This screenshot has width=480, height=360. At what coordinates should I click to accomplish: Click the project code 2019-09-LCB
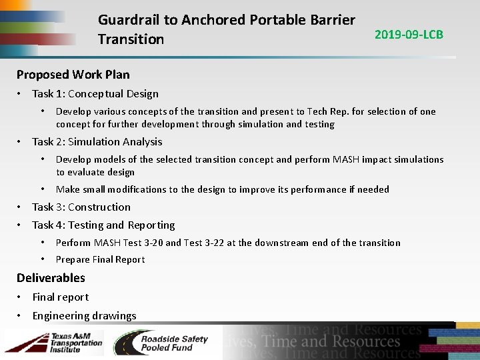[x=409, y=34]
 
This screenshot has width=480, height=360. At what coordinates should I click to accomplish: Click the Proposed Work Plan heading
[x=73, y=74]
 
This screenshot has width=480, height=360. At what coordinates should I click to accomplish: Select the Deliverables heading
[x=51, y=277]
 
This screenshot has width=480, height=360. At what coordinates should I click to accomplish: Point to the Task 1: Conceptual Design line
[x=95, y=93]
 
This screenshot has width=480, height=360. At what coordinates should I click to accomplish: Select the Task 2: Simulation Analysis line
[x=97, y=141]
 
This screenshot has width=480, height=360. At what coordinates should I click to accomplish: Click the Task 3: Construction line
[x=81, y=207]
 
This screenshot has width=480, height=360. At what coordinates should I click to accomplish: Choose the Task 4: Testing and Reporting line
[x=103, y=225]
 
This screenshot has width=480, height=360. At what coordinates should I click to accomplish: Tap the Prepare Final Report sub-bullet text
[x=100, y=259]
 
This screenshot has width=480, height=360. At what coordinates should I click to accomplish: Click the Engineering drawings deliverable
[x=84, y=315]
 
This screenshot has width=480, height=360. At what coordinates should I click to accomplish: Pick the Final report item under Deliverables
[x=60, y=297]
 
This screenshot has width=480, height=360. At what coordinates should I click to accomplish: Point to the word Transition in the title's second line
[x=131, y=39]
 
